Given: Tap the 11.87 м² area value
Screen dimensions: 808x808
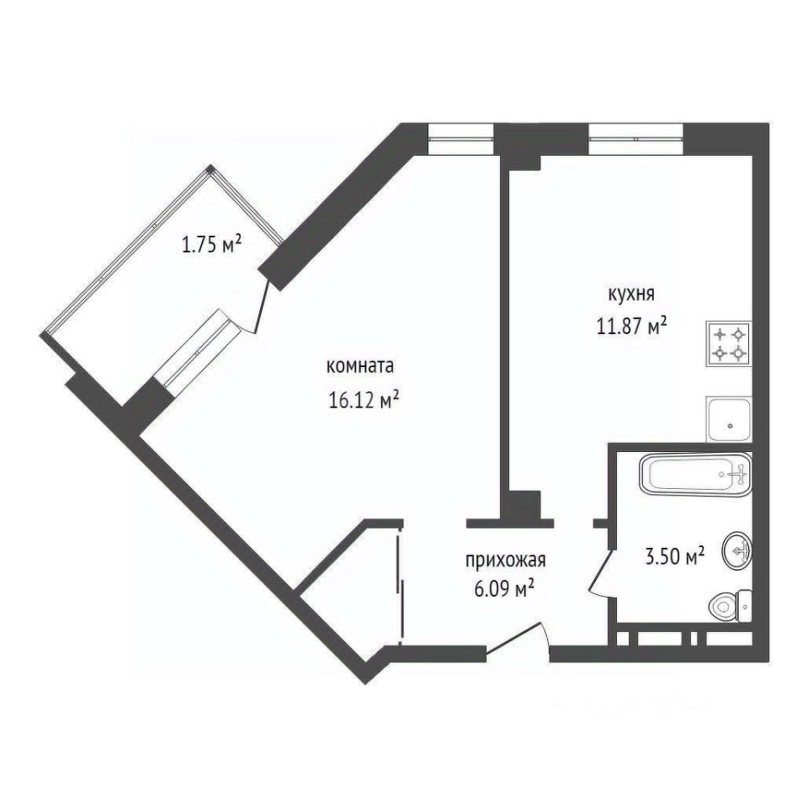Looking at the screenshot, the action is [x=632, y=326].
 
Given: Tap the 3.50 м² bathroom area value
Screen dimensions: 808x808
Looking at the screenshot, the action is [x=673, y=556].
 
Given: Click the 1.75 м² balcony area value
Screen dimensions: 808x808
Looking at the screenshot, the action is [x=212, y=245].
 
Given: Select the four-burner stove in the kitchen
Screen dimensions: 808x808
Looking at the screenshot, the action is [x=729, y=343].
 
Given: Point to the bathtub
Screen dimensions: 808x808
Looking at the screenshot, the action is [x=695, y=476].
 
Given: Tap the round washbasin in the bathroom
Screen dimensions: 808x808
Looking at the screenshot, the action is [x=736, y=552].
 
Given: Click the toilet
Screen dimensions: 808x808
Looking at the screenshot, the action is [x=730, y=603].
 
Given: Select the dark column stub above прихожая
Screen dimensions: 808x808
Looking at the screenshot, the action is [x=522, y=507].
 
